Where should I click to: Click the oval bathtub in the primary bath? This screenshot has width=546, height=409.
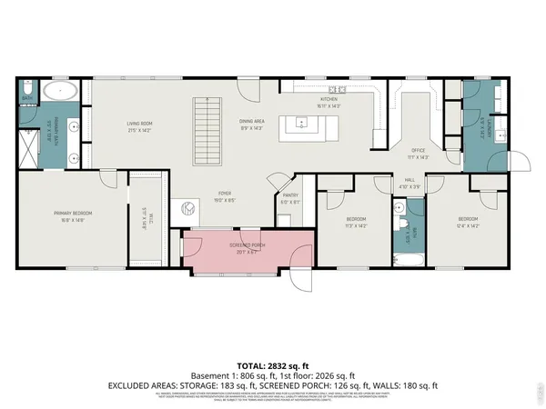61,91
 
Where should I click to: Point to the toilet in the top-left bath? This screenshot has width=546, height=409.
27,88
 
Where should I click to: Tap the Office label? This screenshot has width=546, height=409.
419,152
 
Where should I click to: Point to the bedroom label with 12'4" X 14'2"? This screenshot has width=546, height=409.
468,221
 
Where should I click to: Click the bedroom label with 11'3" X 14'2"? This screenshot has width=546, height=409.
355,221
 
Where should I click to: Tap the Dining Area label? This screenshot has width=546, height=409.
251,122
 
